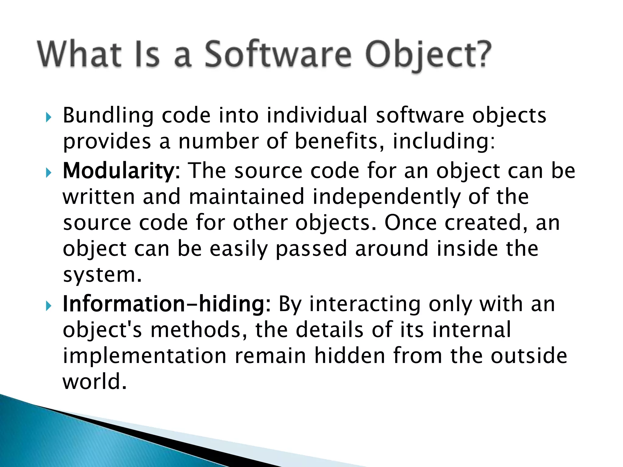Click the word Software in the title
click(277, 55)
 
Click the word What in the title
click(80, 55)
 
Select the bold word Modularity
click(118, 171)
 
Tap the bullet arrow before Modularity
click(48, 173)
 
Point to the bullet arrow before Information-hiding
click(48, 306)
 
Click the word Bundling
click(108, 116)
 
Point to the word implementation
click(144, 356)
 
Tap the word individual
click(317, 116)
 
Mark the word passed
click(311, 249)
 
